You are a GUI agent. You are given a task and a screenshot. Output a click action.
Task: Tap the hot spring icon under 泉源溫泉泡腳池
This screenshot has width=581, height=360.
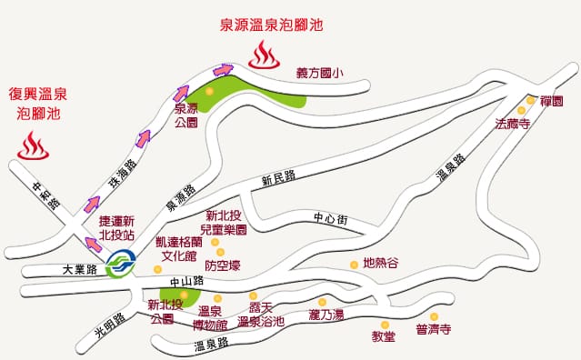click(265, 55)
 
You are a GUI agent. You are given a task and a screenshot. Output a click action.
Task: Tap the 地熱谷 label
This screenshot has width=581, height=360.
click(380, 264)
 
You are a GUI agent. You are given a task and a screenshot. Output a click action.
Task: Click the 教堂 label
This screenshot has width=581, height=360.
click(384, 336)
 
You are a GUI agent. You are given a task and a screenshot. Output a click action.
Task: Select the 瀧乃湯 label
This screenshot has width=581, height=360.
click(326, 315)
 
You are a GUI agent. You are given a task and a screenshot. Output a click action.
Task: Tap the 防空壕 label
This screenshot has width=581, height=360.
click(223, 265)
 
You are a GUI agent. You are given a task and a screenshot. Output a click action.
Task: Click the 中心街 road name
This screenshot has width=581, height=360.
click(330, 218)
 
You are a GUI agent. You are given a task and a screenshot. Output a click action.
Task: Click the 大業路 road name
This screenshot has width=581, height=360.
click(79, 270)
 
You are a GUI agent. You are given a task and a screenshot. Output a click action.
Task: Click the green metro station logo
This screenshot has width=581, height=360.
click(119, 267)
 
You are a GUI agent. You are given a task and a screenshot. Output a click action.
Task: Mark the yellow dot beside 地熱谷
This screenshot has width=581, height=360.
click(354, 264)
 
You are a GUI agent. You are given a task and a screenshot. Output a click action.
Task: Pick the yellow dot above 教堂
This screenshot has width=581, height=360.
click(384, 324)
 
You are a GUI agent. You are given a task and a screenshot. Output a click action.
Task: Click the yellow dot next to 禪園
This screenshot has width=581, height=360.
click(531, 101)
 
